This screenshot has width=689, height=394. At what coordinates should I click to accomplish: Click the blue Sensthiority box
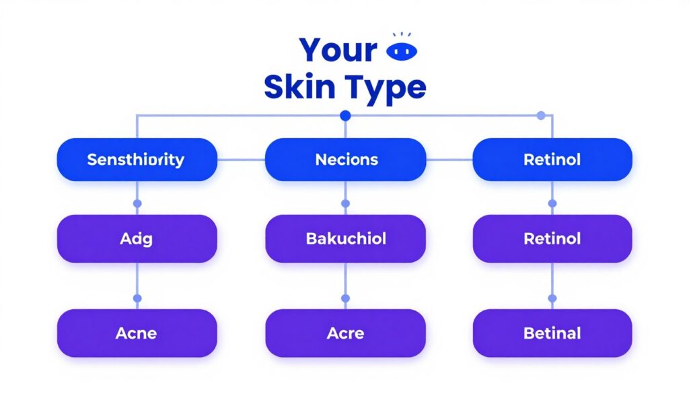[137, 160]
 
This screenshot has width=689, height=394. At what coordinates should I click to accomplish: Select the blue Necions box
[346, 160]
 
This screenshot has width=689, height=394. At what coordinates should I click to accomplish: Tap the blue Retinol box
[552, 160]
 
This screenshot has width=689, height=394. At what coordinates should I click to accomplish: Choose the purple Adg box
[137, 238]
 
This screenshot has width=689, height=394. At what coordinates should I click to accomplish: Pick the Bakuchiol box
[346, 238]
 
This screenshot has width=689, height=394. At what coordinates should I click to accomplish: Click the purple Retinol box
[552, 238]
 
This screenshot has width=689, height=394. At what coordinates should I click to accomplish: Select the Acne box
[137, 333]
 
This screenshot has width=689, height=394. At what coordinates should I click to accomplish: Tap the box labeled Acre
[346, 333]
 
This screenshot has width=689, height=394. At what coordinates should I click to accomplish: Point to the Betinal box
[552, 333]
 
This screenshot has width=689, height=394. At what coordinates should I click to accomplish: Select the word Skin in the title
[299, 88]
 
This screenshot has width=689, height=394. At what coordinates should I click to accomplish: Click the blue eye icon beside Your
[404, 51]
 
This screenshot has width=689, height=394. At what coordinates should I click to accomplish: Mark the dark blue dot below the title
[346, 116]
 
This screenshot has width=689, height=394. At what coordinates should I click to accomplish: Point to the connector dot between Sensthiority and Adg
[137, 203]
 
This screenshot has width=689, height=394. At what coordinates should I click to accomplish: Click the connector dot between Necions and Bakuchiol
[346, 203]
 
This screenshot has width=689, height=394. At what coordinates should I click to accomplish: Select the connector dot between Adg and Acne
[137, 298]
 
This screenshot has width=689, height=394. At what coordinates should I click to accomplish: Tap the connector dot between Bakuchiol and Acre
[346, 298]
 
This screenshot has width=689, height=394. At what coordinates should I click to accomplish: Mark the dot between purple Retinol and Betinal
[552, 298]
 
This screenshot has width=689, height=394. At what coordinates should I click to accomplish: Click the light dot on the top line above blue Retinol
[540, 116]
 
